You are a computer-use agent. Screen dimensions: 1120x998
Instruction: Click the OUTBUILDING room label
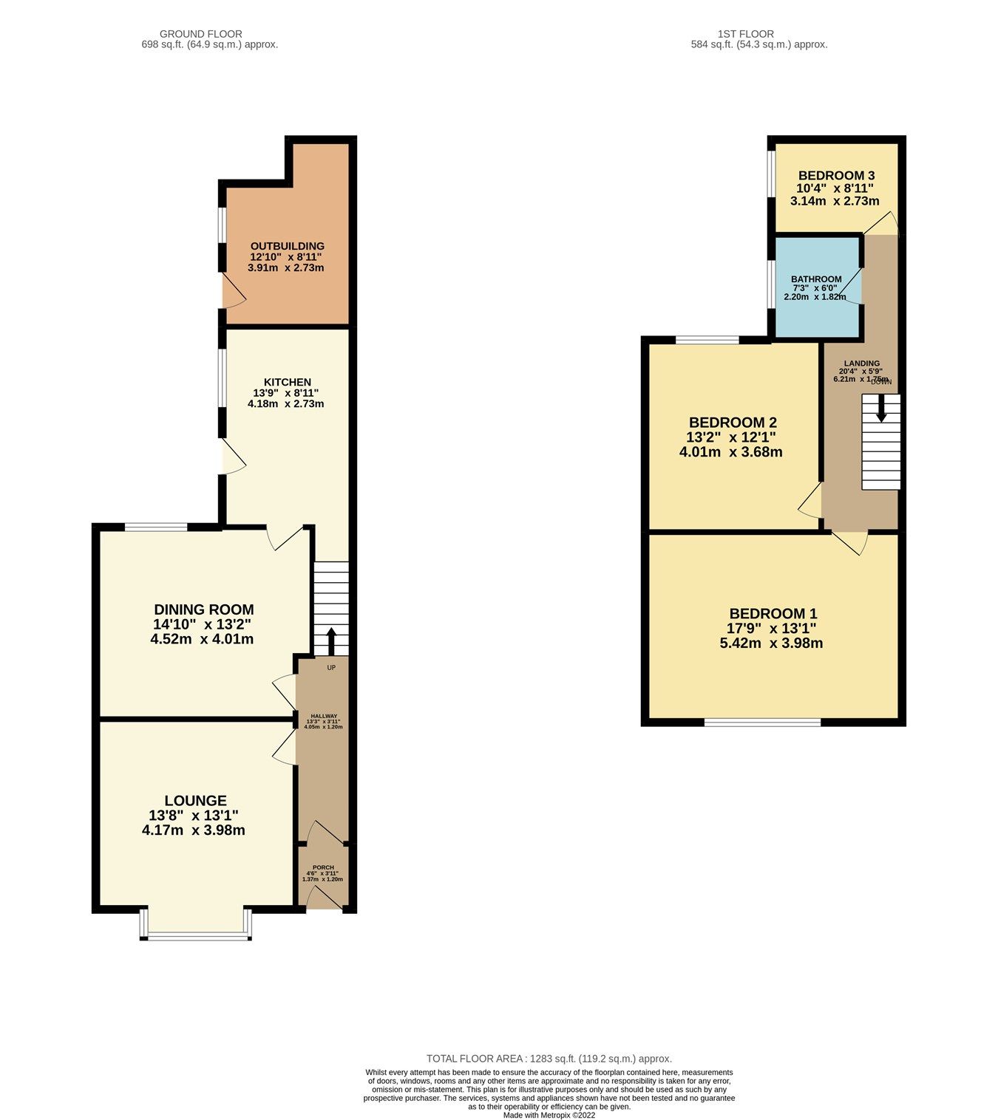tap(287, 246)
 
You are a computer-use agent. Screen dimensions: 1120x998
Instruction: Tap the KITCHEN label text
tap(288, 382)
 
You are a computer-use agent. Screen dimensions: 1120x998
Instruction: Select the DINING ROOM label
tap(203, 609)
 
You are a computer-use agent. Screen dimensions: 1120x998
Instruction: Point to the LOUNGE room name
tap(195, 801)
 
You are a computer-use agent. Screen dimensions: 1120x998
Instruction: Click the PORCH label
tap(323, 867)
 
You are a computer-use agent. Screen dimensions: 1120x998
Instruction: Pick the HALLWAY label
tap(324, 716)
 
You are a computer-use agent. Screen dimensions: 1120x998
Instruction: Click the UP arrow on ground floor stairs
tap(330, 640)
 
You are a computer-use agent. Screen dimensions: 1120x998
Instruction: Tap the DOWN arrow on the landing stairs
tap(880, 408)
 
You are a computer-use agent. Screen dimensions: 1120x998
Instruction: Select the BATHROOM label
tap(816, 279)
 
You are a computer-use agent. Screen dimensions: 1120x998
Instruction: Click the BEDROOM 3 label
tap(836, 175)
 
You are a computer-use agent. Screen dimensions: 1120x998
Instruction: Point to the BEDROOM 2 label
tap(733, 423)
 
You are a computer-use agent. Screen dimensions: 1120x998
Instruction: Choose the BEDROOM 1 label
tap(773, 613)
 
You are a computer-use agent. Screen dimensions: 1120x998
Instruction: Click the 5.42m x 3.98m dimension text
tap(771, 643)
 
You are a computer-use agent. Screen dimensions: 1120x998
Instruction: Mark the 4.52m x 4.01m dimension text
tap(202, 639)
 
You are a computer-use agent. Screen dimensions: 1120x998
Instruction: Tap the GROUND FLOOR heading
tap(201, 34)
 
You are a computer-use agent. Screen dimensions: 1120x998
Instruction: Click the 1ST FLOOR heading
tap(745, 34)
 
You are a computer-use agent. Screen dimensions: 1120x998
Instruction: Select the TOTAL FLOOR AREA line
tap(549, 1059)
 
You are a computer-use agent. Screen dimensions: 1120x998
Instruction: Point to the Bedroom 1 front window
tap(762, 722)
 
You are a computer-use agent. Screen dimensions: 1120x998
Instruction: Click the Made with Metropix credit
tap(549, 1115)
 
